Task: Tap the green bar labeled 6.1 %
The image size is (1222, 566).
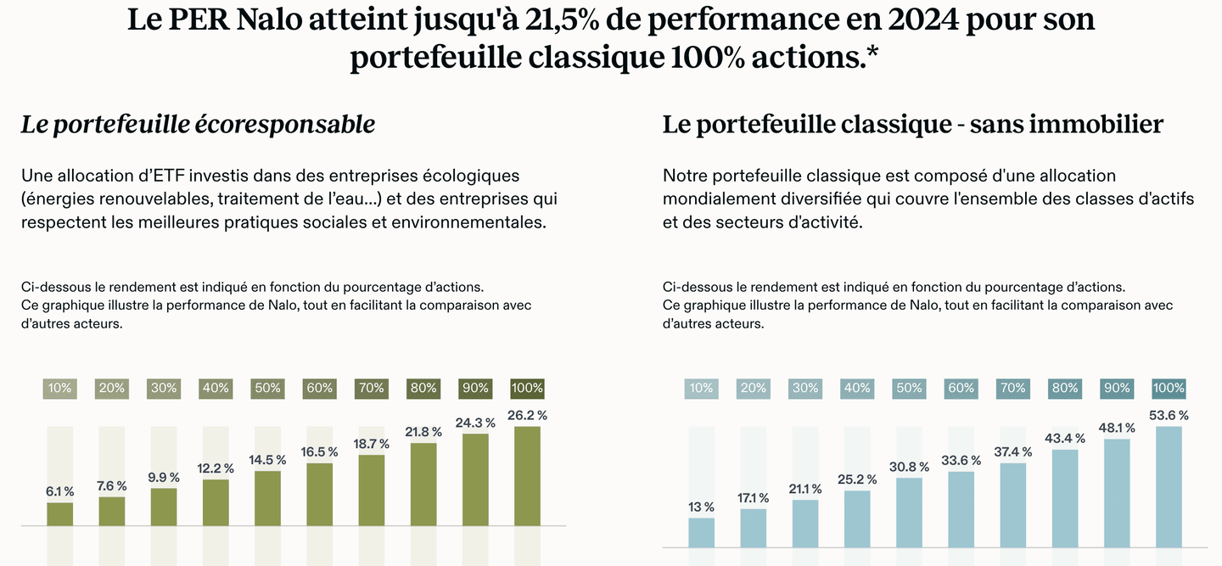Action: [59, 514]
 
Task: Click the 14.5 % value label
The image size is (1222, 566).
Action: [267, 459]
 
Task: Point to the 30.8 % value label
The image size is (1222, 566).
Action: [909, 467]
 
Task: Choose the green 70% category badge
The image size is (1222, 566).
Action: [371, 388]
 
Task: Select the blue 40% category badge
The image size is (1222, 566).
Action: [857, 388]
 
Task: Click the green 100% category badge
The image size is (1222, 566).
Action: [527, 388]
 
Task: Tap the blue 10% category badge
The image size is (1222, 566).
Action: [701, 388]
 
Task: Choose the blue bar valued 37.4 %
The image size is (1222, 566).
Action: [1013, 505]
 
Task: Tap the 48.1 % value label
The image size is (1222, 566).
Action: [1117, 428]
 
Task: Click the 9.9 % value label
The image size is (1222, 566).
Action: [164, 477]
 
